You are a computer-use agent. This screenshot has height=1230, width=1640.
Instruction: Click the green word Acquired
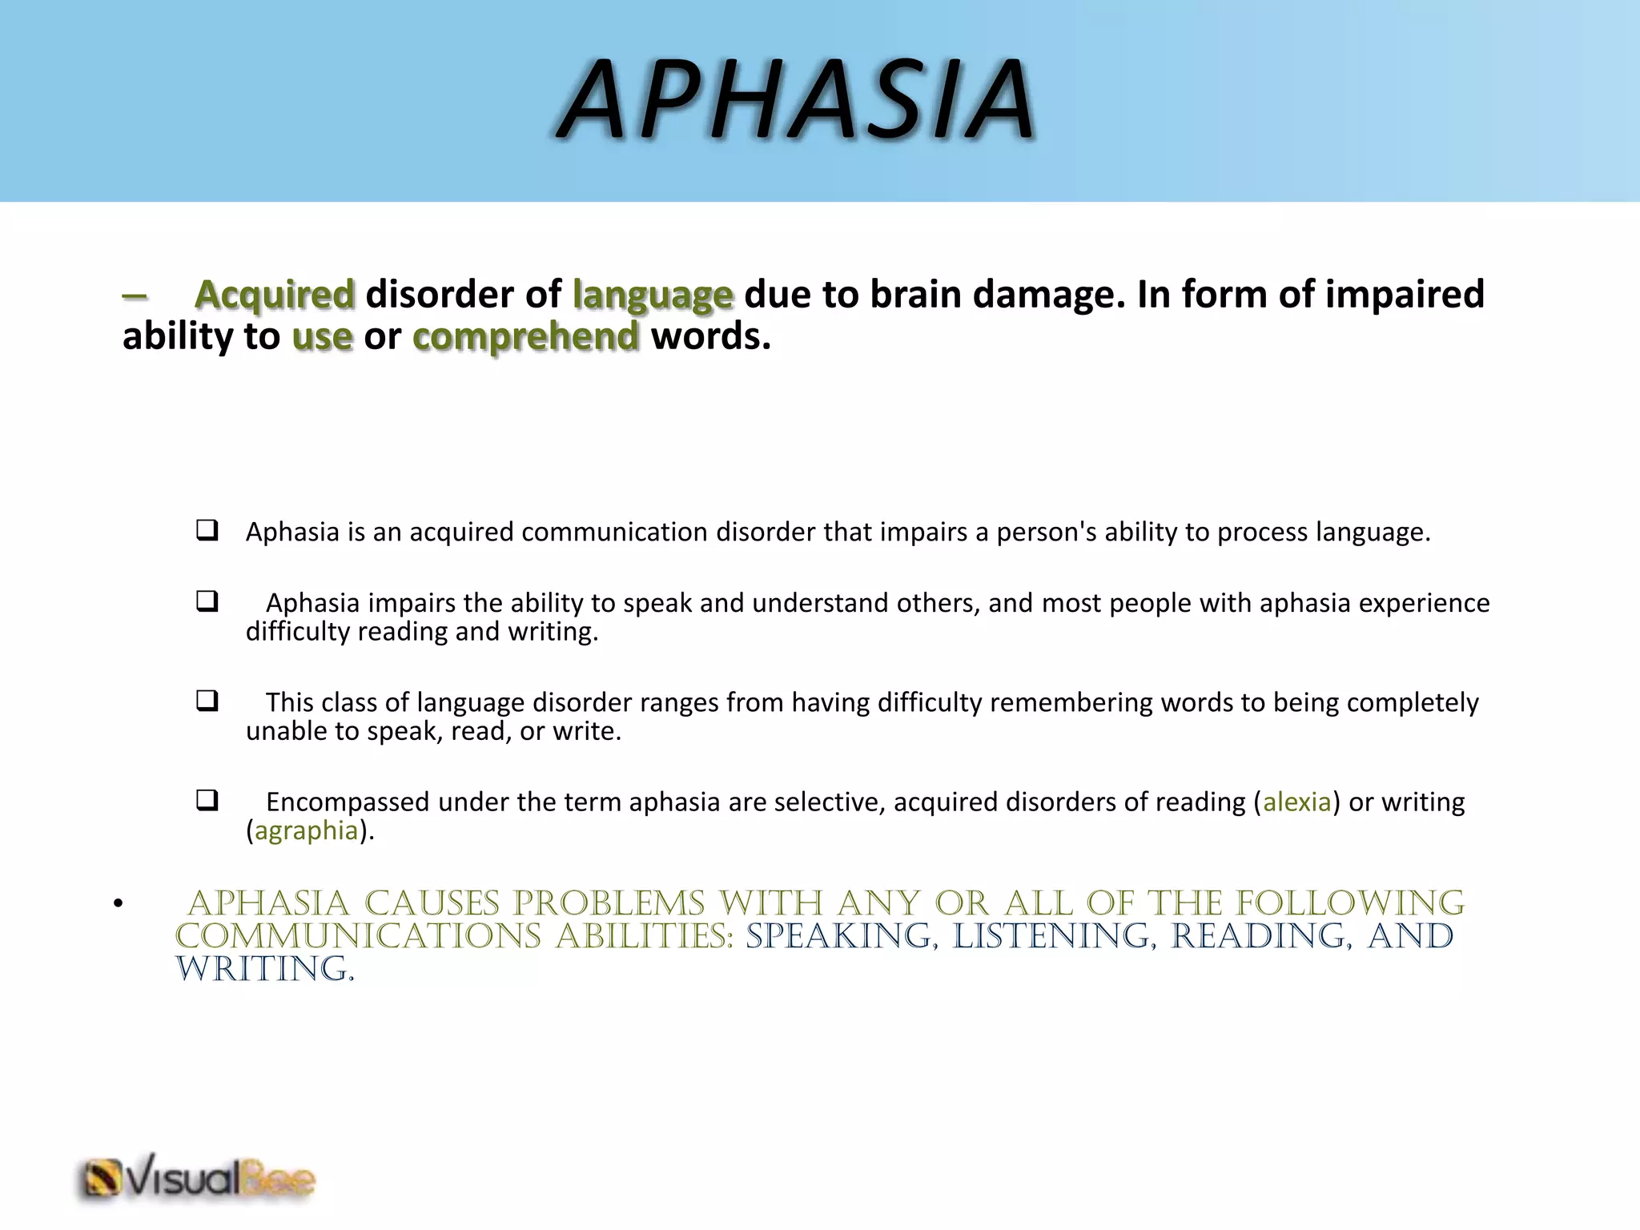click(x=274, y=294)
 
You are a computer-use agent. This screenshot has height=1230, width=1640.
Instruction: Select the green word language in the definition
click(x=653, y=295)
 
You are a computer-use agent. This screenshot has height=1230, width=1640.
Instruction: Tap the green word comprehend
click(x=526, y=337)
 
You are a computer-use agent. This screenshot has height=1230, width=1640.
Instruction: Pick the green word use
click(x=322, y=337)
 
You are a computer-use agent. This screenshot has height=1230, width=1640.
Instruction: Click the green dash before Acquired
click(x=135, y=295)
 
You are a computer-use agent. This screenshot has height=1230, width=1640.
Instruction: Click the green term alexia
click(x=1296, y=802)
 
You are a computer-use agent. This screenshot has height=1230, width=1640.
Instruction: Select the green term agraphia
click(x=306, y=830)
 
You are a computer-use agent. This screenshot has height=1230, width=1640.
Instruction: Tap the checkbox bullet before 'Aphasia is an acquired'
click(x=207, y=530)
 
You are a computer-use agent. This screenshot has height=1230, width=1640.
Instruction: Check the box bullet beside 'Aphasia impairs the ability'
click(x=207, y=601)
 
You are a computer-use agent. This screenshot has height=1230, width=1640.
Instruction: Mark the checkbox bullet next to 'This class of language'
click(x=207, y=701)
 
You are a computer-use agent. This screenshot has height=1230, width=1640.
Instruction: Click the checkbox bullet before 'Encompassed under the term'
click(x=207, y=800)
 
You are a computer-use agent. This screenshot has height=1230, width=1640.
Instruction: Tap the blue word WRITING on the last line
click(x=264, y=969)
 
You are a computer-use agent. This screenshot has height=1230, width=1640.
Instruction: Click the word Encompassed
click(x=344, y=802)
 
